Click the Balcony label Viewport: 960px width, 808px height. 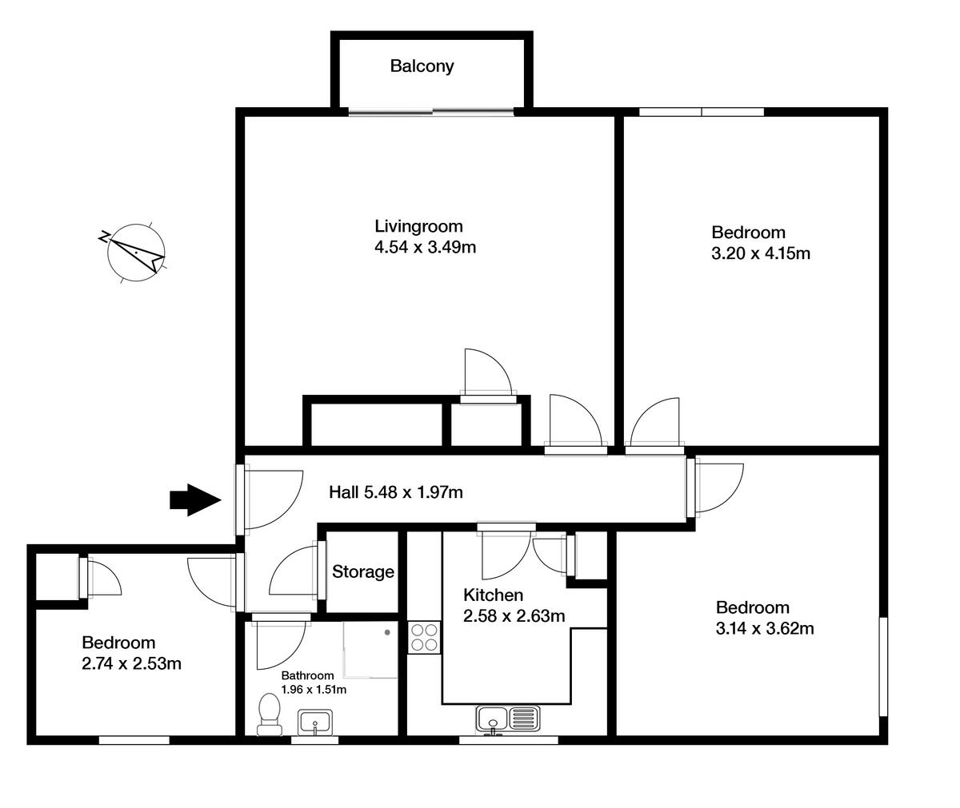[x=422, y=66]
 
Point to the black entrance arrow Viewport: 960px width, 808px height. [x=194, y=500]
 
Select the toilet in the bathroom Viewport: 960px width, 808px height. [x=269, y=714]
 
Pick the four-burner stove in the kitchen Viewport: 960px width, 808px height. [x=424, y=637]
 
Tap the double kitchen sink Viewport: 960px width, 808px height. [x=507, y=718]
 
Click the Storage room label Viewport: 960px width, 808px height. [x=362, y=572]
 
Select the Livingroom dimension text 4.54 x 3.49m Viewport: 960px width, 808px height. [x=425, y=248]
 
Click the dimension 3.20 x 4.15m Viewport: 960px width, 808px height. [x=761, y=254]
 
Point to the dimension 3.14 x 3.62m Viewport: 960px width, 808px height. [x=765, y=628]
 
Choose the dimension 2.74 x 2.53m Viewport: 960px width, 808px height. [x=131, y=663]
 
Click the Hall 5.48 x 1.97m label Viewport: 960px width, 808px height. [x=396, y=492]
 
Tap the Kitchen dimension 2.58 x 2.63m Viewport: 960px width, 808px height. [x=514, y=616]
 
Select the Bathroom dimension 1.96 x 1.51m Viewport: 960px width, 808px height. [x=313, y=690]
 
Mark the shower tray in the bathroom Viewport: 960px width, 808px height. [x=370, y=650]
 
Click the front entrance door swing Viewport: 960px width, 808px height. [x=272, y=500]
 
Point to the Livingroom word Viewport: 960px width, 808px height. [x=418, y=226]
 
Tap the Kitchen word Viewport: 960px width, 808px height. [x=493, y=595]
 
